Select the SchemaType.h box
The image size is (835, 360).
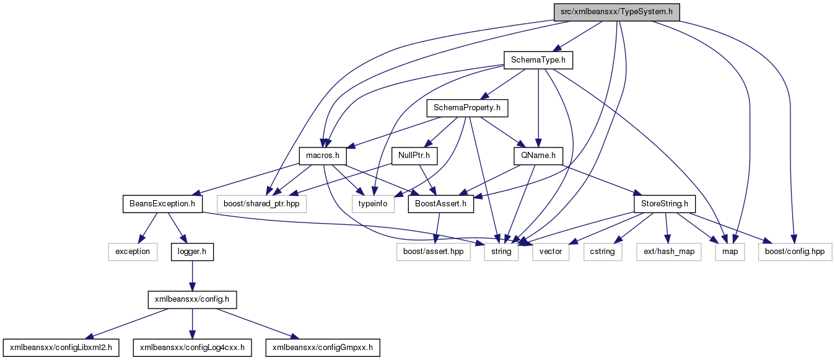[538, 60]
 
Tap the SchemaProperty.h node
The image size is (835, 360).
[467, 108]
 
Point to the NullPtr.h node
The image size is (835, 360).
[414, 156]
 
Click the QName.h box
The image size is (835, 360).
[538, 156]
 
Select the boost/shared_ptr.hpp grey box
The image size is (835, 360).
[262, 203]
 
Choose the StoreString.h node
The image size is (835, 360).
[665, 203]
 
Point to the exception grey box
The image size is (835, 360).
[133, 252]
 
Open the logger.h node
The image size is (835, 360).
[192, 252]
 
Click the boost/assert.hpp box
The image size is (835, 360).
[431, 252]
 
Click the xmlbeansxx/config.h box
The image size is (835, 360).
[192, 300]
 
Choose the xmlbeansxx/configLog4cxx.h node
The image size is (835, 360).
[192, 348]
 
